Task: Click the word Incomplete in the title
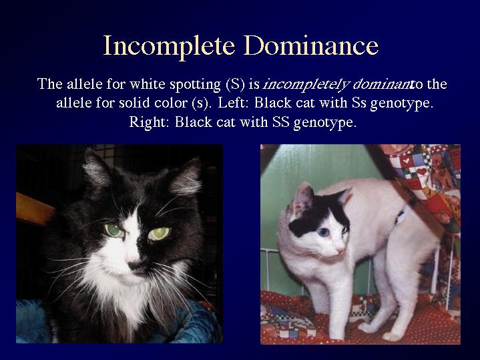(169, 46)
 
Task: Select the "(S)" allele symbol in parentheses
(235, 84)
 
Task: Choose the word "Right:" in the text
(149, 122)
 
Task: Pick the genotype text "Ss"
(358, 103)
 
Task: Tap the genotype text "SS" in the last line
(280, 122)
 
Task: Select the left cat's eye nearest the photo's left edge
(114, 230)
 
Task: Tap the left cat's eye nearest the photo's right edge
(159, 234)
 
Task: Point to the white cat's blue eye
(322, 232)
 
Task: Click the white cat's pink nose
(340, 251)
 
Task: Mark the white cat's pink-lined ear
(302, 196)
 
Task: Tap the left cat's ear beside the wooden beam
(95, 168)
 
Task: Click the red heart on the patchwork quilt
(422, 171)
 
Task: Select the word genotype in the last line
(325, 123)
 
